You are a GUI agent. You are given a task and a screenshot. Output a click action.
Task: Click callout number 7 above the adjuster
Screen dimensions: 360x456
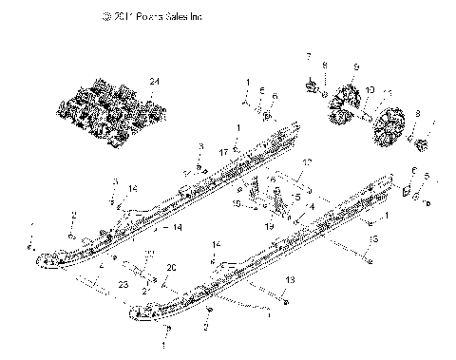point(309,59)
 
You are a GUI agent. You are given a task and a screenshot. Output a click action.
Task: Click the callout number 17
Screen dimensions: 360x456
point(223,150)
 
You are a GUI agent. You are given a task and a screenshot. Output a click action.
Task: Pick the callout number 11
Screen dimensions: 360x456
point(389,93)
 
